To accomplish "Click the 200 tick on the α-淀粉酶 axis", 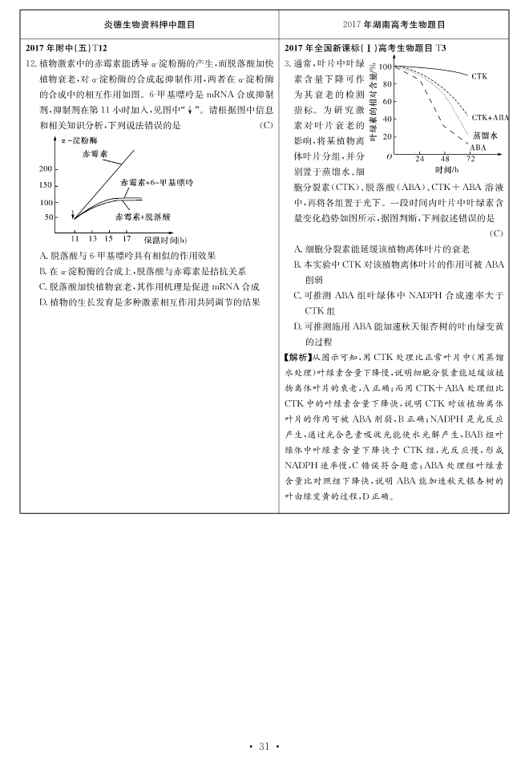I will (x=45, y=169).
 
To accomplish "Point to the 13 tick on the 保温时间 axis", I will (x=92, y=239).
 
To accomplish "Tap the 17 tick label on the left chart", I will (x=127, y=239).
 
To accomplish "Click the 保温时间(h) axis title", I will (x=165, y=240).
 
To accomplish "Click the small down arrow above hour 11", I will (x=74, y=214).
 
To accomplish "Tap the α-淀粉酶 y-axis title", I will (x=77, y=140).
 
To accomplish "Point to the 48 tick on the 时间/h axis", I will (x=446, y=159).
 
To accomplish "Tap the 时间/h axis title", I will (x=447, y=170).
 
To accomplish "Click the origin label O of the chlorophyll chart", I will (x=389, y=157).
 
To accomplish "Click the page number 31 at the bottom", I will (x=264, y=747).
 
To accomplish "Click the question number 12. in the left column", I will (x=31, y=63).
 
